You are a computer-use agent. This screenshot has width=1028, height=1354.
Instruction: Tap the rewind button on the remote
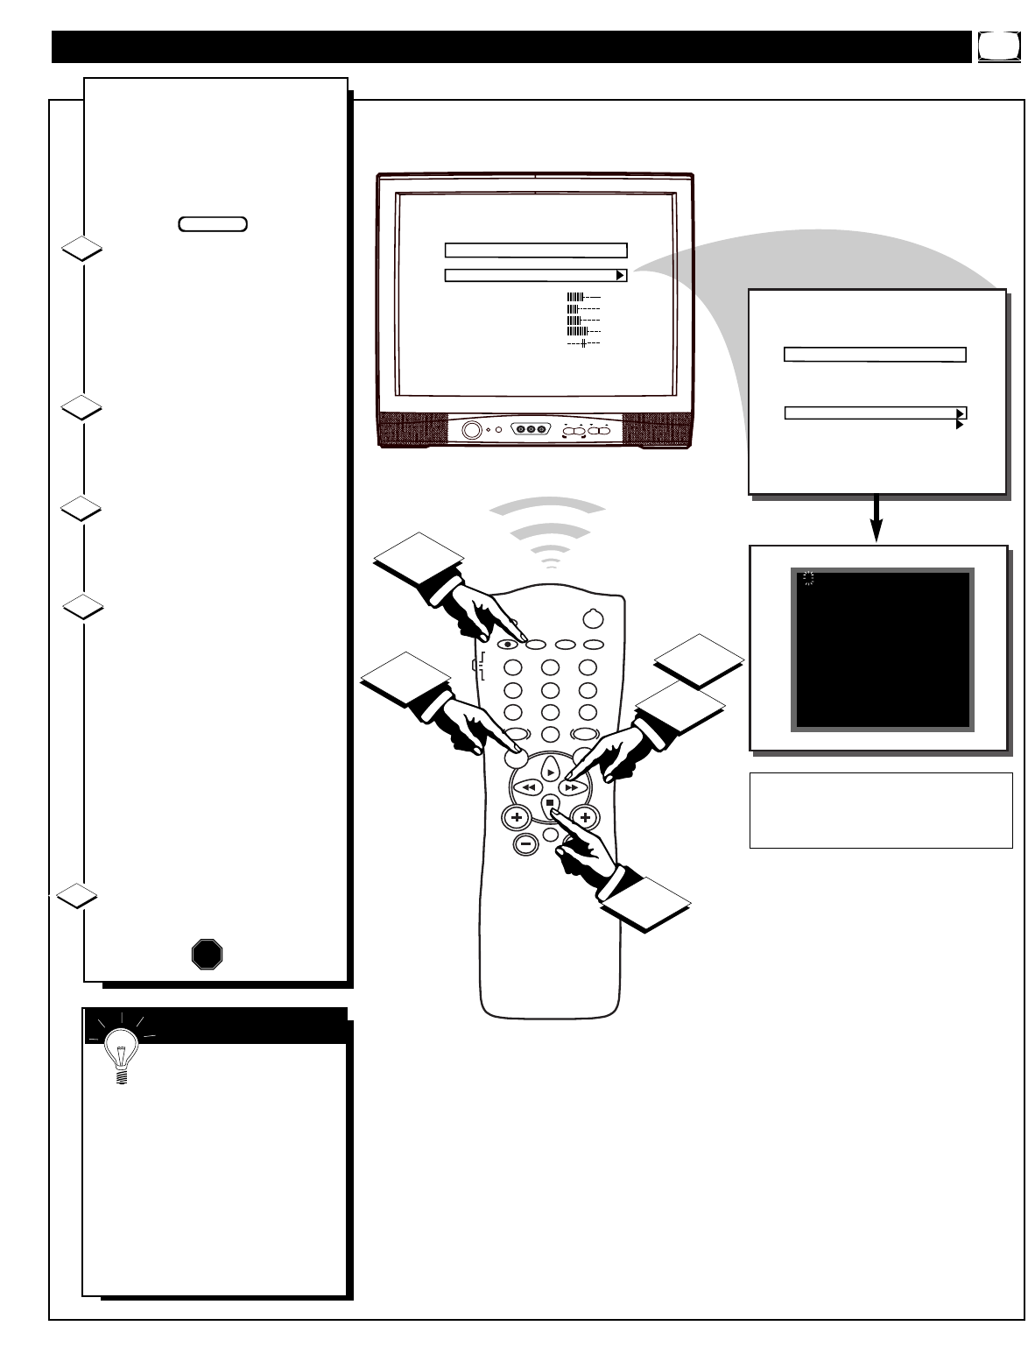tap(527, 787)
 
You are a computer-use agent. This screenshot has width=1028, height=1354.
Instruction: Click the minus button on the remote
tap(525, 843)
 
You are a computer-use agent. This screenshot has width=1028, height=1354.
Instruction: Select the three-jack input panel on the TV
tap(530, 430)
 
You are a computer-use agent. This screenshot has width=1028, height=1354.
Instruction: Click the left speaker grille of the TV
tap(412, 429)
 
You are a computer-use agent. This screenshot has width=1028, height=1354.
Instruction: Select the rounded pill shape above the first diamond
tap(213, 224)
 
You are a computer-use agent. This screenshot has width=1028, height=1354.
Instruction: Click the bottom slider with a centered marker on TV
tap(583, 344)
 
